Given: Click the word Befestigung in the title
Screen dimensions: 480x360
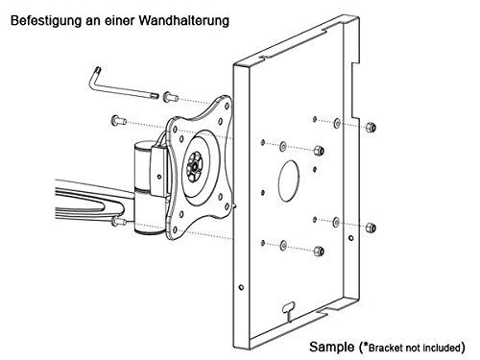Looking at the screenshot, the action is point(46,21).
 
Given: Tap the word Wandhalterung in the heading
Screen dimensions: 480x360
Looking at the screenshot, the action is point(184,20).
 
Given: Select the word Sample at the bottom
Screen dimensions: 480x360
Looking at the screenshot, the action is point(331,348).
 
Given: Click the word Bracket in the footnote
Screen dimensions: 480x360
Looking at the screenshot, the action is point(385,348).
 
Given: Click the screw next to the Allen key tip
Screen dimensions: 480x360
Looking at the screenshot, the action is point(170,97).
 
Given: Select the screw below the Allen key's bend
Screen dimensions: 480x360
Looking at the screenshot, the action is point(119,121).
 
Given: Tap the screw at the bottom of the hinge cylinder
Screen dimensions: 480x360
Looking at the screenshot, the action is point(118,221).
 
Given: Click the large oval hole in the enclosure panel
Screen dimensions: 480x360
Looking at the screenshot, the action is point(289,180).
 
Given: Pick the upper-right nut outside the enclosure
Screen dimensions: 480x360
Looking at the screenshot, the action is point(371,127).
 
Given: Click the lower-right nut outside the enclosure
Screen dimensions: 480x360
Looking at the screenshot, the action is point(371,228).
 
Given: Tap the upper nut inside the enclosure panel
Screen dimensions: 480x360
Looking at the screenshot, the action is point(319,151).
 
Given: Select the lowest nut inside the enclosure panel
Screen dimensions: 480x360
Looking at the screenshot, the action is point(319,252).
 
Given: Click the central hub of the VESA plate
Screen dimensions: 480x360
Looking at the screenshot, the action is point(194,166).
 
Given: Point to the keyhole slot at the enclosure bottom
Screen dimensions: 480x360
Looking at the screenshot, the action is point(289,309).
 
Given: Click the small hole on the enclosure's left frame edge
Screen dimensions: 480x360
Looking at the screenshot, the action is point(241,287).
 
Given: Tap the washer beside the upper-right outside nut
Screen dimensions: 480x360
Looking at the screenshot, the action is point(337,123).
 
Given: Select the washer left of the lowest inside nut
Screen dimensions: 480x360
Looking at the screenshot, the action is point(283,246).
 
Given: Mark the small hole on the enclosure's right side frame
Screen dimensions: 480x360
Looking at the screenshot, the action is point(351,238).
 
